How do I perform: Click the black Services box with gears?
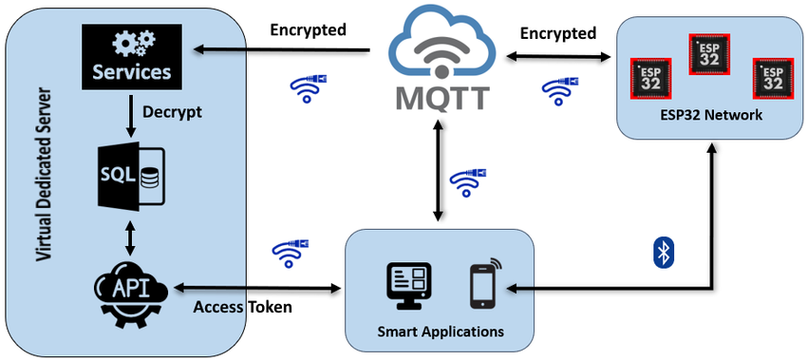132,55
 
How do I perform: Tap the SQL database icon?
132,176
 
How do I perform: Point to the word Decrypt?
173,111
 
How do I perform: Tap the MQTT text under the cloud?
439,97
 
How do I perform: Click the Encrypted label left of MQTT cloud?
309,29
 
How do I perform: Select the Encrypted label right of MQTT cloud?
558,33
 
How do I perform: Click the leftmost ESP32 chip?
651,77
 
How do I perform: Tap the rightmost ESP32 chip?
772,77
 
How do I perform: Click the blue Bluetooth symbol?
663,252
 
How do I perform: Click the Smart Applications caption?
440,332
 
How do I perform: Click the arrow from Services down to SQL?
132,112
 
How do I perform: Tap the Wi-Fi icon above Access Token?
291,251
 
